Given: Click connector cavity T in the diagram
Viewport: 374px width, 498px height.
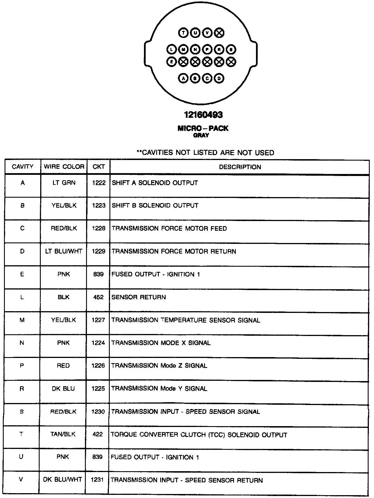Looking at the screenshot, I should point(183,33).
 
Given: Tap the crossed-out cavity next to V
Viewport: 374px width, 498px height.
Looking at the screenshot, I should point(219,33).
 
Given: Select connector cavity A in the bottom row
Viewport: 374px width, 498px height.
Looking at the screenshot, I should point(183,78).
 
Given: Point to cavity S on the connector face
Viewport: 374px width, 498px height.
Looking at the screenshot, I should point(231,50).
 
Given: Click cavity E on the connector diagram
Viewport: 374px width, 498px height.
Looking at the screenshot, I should point(171,61).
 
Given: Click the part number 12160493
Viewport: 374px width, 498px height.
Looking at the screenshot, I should point(203,115).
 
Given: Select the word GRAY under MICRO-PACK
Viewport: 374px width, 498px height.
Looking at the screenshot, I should point(201,135).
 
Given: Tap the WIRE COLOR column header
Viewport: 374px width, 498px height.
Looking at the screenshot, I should point(64,167).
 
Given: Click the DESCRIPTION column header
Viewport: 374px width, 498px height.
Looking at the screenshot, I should point(240,167).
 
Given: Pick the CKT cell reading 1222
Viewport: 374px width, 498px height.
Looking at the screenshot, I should point(99,183).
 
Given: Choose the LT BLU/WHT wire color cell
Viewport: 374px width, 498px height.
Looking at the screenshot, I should point(64,251).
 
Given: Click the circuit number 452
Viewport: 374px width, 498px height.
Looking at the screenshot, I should point(98,297).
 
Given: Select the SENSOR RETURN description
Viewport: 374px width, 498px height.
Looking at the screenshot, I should point(139,297).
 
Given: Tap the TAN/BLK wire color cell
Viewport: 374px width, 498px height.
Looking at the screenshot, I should point(63,434).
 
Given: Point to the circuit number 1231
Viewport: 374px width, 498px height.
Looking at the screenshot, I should point(97,480).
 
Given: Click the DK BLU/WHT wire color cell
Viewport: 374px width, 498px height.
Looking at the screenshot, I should point(62,480).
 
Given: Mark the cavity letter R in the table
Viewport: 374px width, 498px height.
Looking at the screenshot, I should point(22,389).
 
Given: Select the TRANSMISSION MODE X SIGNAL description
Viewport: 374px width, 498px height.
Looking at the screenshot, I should point(161,343).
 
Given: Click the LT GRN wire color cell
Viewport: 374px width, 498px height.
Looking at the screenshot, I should point(64,183).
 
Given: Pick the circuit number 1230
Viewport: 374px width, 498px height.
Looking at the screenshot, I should point(98,412).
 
